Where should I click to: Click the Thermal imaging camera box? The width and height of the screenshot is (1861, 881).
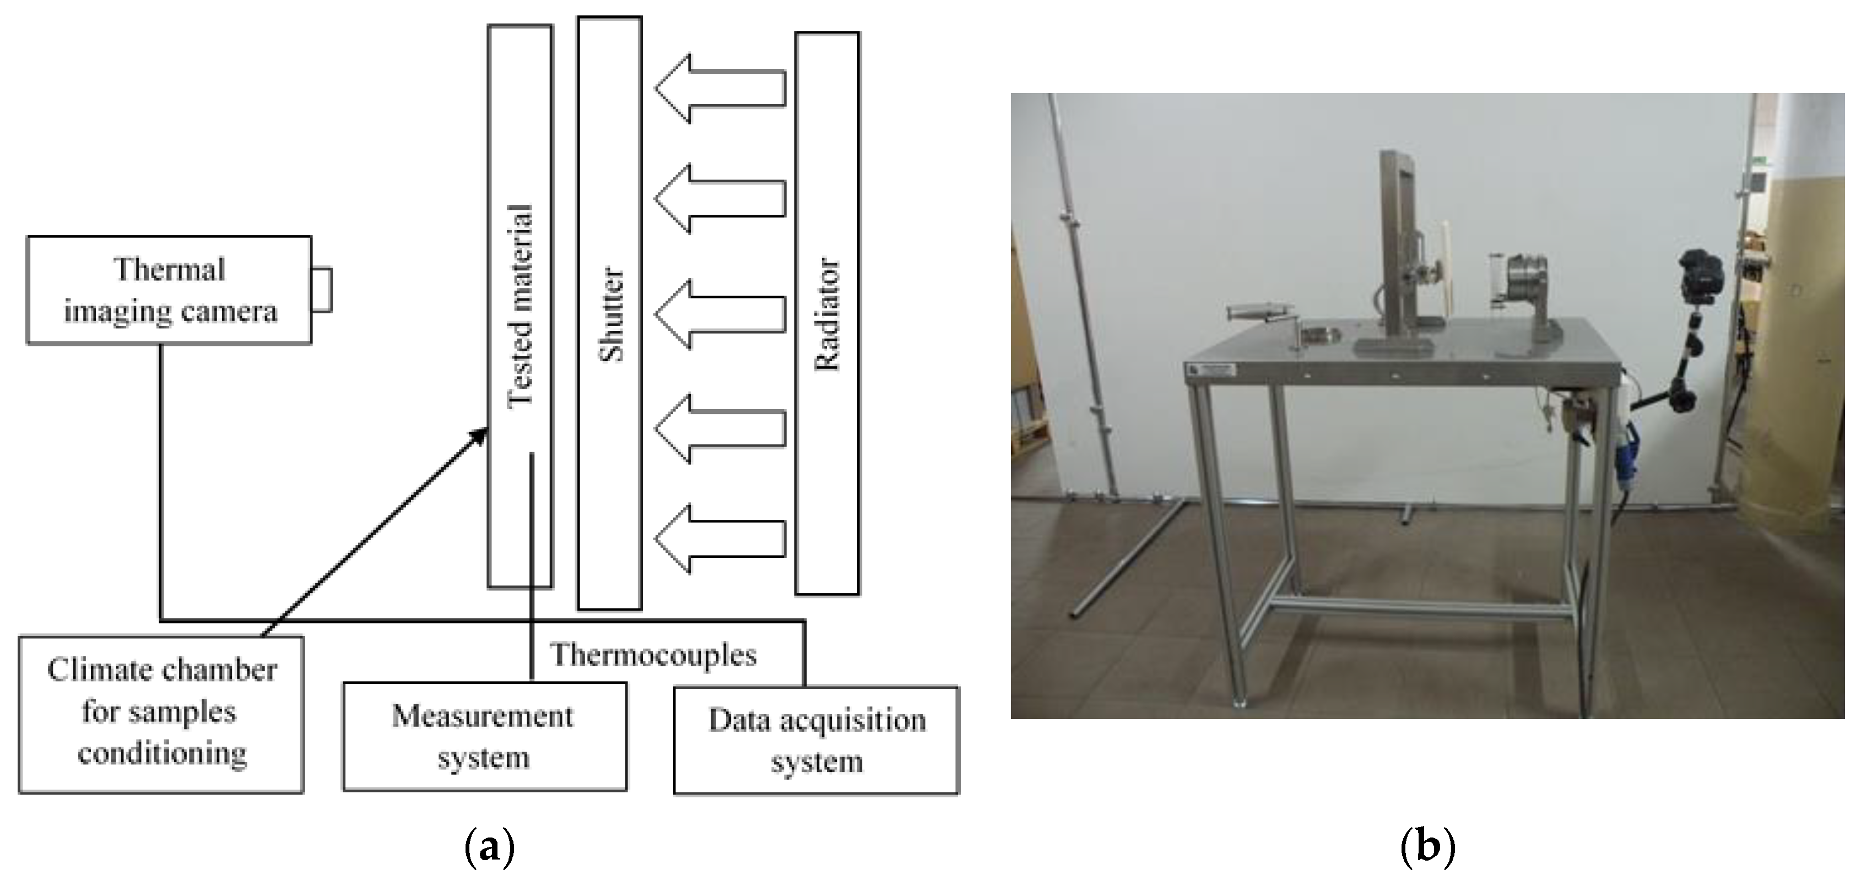[169, 290]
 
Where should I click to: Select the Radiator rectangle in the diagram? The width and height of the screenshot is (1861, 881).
[827, 313]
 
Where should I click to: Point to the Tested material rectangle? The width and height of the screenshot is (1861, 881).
[520, 306]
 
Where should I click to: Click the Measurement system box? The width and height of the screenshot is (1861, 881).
[484, 736]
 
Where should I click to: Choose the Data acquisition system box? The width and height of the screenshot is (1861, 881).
[816, 740]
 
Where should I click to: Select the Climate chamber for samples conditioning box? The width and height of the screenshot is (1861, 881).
[161, 714]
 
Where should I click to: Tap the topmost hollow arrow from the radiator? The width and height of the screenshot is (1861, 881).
[719, 89]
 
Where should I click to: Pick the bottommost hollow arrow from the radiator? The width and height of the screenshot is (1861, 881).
[719, 539]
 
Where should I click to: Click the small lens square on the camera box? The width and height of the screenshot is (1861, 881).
[322, 290]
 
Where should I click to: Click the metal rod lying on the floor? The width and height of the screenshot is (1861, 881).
[1127, 559]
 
